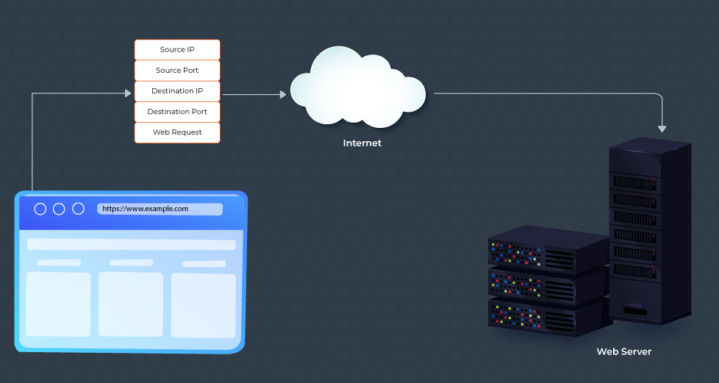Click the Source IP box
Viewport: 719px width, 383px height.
(x=177, y=50)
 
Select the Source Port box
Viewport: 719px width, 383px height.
(x=177, y=71)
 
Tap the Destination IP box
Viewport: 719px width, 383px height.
(x=177, y=91)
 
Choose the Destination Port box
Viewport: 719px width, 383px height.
(x=177, y=112)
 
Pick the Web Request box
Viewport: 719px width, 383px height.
(x=177, y=132)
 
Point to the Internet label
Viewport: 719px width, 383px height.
(x=362, y=143)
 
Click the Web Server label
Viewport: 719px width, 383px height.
(x=623, y=351)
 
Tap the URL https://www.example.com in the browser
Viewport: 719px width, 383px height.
(x=146, y=209)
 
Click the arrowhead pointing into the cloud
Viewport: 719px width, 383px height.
(x=283, y=94)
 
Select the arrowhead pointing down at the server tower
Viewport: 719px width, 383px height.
(x=662, y=129)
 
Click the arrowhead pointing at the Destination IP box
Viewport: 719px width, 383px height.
(x=127, y=93)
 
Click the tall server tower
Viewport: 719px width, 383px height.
(x=650, y=232)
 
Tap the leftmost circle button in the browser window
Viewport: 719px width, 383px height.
(x=40, y=210)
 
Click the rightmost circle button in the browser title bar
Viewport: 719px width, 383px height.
(x=77, y=210)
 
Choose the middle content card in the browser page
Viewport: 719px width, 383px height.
(x=130, y=304)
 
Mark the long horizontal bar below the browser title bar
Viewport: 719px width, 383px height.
(x=132, y=244)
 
